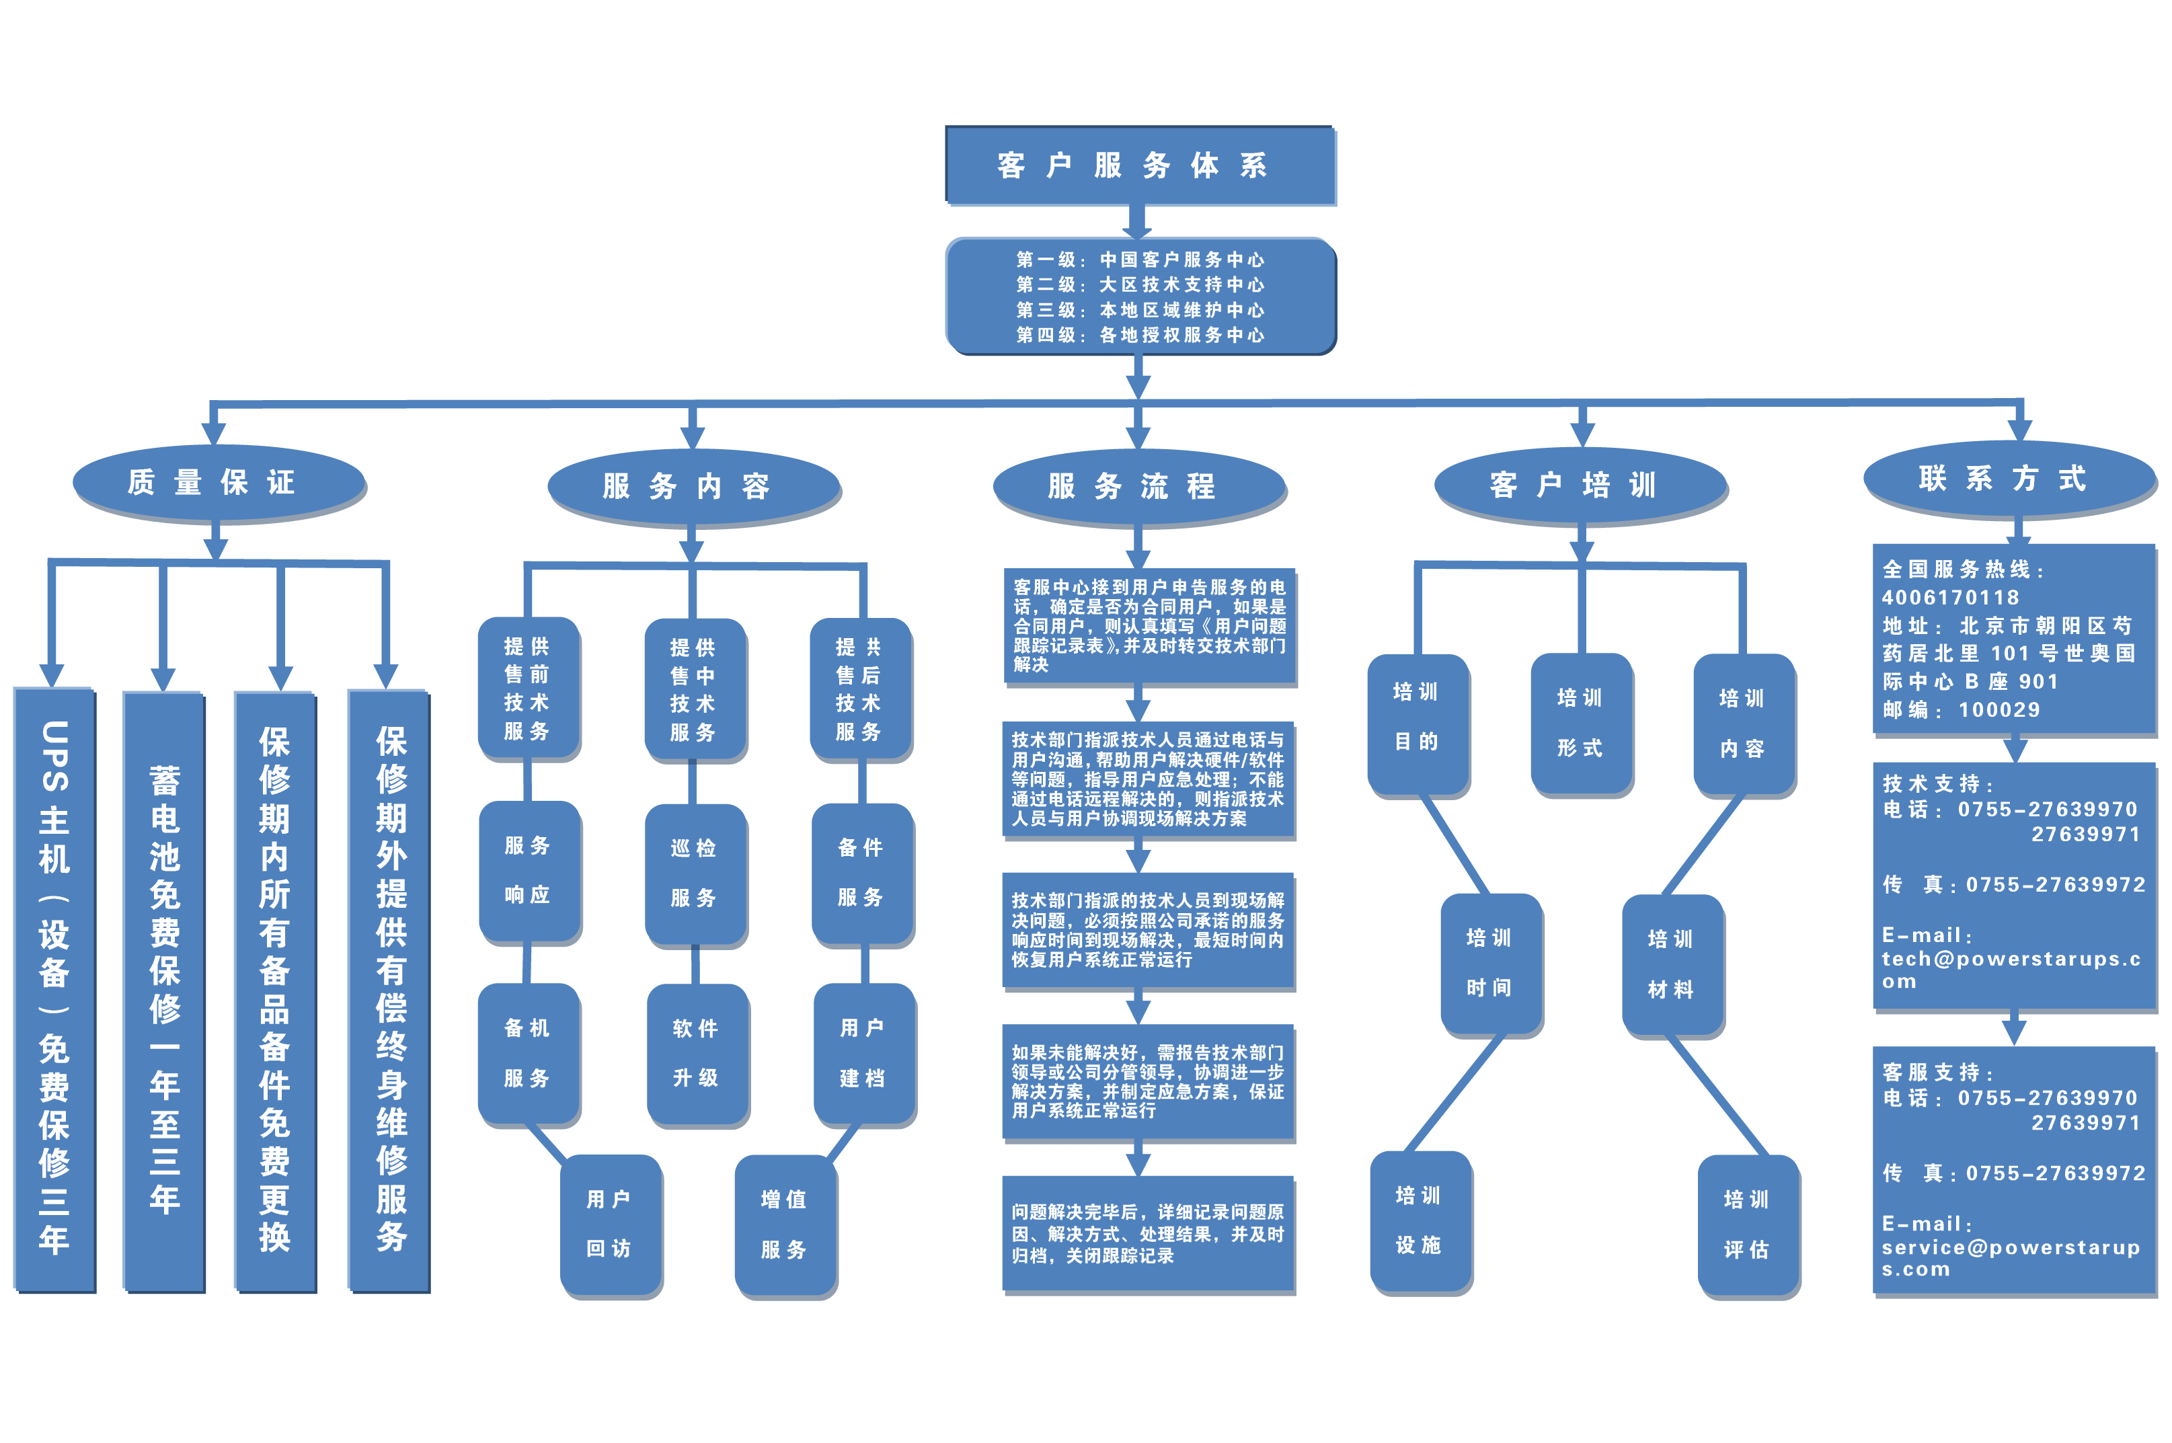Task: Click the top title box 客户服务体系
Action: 1138,165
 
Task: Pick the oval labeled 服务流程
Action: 1138,486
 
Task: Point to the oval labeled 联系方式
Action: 2009,479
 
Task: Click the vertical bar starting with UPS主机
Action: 54,989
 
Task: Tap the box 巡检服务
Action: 694,872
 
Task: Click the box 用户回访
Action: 609,1223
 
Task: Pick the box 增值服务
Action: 784,1224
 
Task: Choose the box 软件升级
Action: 696,1053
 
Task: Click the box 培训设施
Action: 1419,1220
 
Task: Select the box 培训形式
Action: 1580,722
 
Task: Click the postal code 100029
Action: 1999,709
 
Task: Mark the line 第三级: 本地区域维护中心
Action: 1139,310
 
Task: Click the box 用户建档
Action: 863,1053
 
